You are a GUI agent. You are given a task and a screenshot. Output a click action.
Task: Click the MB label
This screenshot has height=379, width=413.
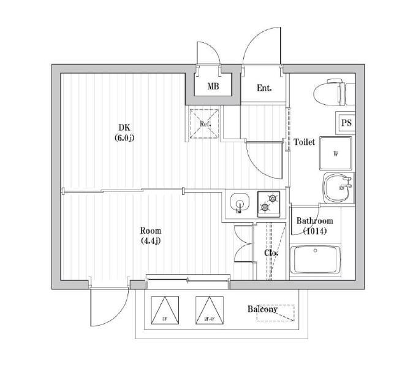213,86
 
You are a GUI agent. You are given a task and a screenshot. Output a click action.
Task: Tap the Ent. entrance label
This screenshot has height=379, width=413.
264,88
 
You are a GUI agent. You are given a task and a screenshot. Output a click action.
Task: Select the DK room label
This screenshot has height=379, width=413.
124,128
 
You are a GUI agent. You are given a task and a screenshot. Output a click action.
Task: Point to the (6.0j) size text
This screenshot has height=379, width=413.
124,138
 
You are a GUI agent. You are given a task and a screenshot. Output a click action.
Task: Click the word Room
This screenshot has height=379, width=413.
150,231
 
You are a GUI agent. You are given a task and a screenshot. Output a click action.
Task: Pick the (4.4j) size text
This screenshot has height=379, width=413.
150,240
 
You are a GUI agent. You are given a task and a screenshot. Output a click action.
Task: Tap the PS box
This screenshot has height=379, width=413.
346,123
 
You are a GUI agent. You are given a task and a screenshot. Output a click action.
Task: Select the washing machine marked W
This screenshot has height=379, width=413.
335,153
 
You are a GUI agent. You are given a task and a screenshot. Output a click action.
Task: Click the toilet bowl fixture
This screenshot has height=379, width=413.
331,93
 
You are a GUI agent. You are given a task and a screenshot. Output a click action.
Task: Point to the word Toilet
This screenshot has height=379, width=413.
305,142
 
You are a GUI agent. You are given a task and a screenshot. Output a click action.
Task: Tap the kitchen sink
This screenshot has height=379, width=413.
238,202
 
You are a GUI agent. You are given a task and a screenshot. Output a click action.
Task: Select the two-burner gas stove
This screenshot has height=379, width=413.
268,202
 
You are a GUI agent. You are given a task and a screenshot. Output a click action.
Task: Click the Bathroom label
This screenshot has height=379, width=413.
314,221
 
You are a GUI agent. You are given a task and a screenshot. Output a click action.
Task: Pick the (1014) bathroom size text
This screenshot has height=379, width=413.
315,231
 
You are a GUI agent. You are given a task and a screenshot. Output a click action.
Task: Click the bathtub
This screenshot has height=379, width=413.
315,260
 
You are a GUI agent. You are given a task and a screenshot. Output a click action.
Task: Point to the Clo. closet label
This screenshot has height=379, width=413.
271,253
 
